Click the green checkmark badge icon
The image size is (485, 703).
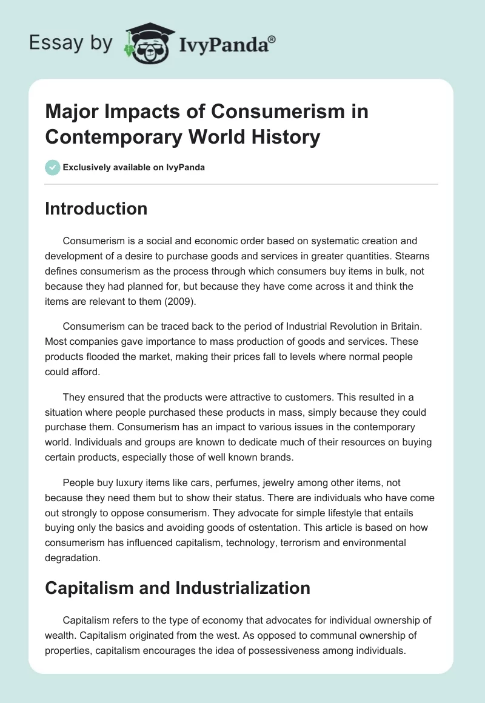point(53,167)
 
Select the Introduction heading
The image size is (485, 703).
point(96,208)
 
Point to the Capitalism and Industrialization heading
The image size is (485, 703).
point(178,587)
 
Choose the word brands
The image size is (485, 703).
point(274,458)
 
